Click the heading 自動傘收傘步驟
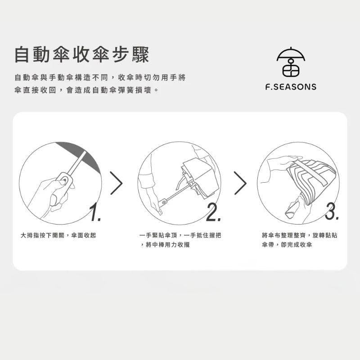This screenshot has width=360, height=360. pos(81,55)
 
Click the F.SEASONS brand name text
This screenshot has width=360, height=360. pos(291,87)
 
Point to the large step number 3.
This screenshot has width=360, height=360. pos(332,212)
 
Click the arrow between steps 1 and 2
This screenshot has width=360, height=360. pos(116,183)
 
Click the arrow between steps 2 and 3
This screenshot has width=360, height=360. pos(240,183)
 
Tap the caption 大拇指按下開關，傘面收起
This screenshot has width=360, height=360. pos(58,235)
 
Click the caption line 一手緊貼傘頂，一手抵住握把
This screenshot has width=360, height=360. pos(180,235)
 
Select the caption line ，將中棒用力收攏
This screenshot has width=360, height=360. pos(167,245)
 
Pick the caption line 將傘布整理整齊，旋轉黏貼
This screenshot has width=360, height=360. pos(299,235)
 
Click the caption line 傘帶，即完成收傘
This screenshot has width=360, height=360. pos(287,245)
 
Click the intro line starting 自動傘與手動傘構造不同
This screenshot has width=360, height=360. pos(100,77)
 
